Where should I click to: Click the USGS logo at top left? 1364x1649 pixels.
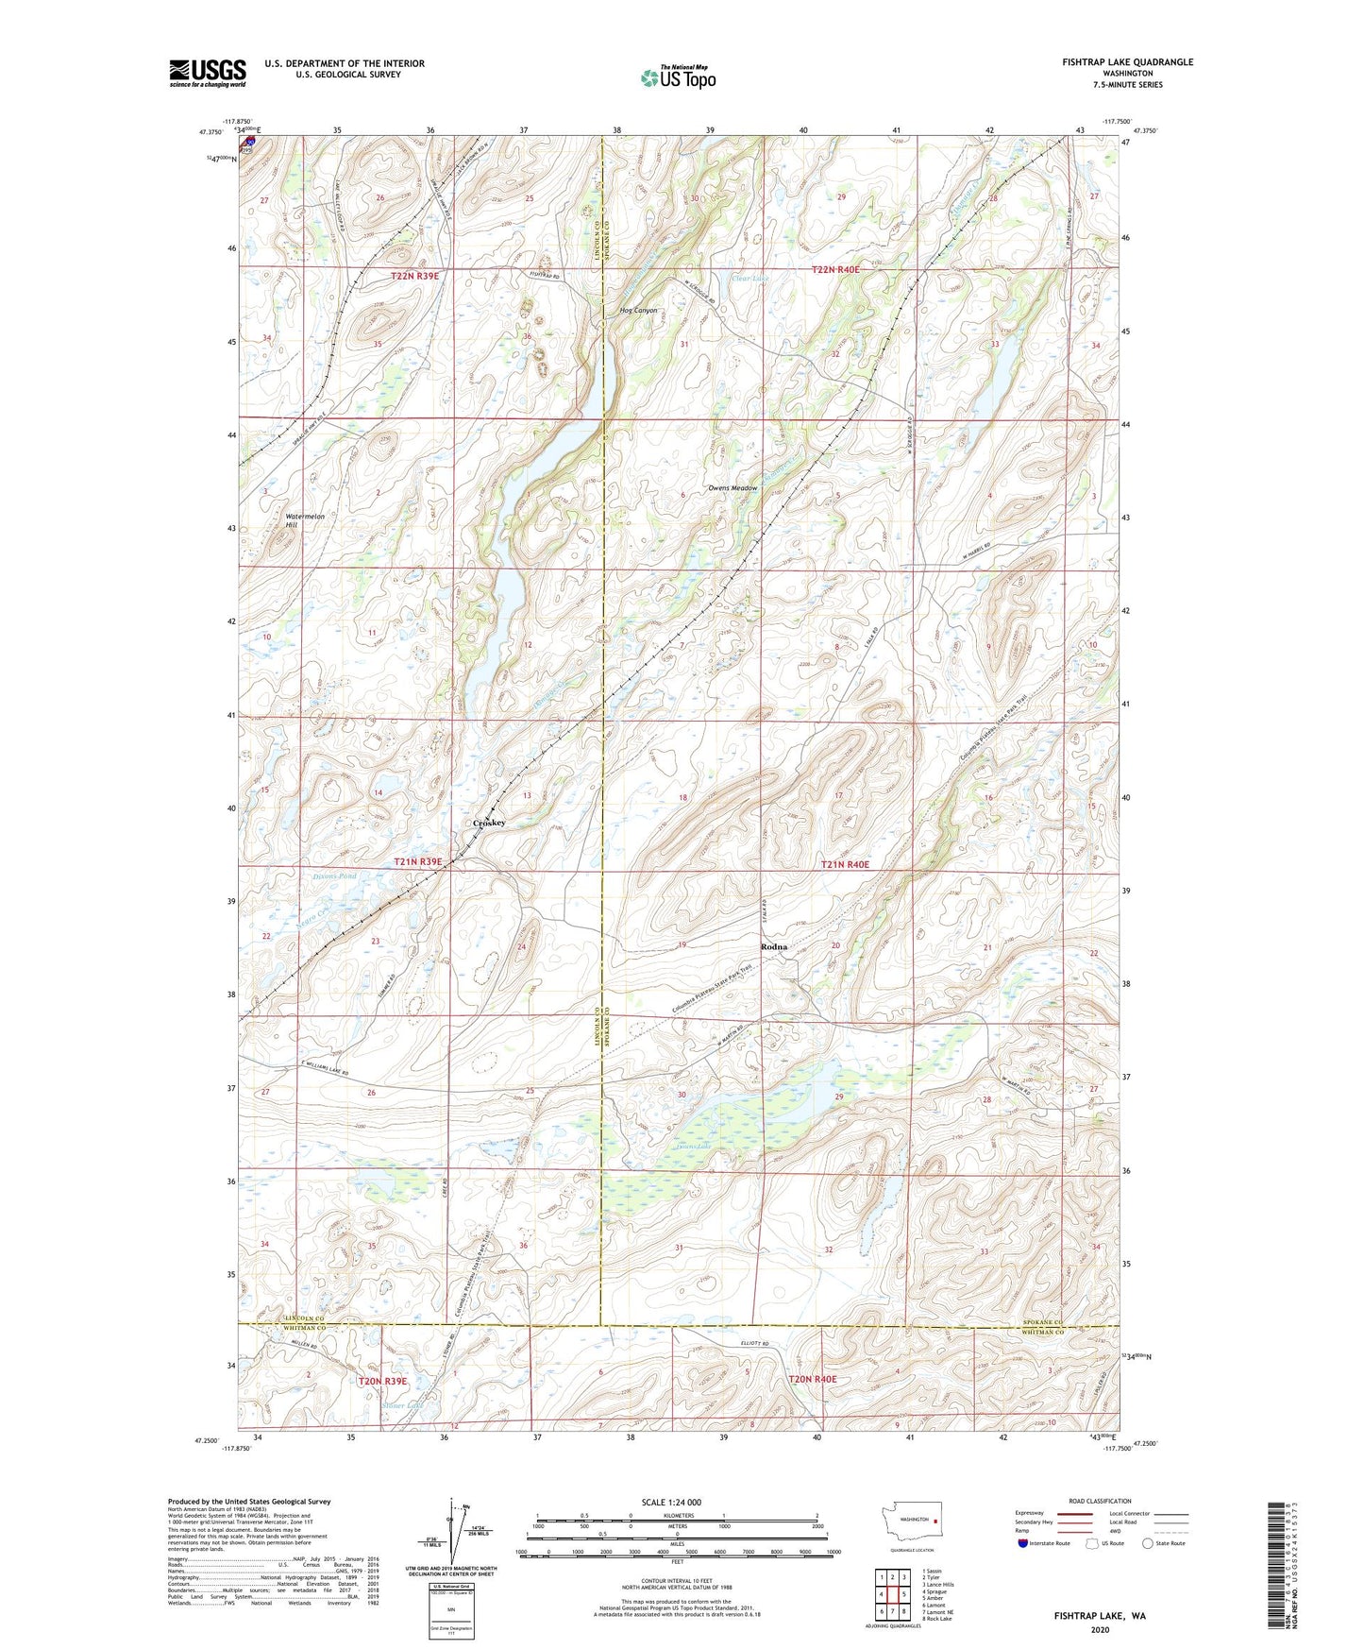tap(208, 73)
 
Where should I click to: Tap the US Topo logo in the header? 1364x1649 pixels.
tap(678, 78)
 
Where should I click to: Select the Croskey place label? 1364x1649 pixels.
tap(489, 823)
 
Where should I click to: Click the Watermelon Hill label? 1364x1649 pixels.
tap(304, 520)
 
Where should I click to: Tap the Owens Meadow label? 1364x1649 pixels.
tap(733, 488)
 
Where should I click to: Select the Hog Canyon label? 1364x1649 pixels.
tap(638, 311)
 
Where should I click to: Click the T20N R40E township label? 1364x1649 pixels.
tap(813, 1379)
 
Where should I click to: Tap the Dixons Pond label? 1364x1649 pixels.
tap(334, 876)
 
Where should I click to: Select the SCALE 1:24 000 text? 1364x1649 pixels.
tap(671, 1502)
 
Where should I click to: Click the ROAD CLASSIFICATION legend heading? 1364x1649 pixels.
tap(1100, 1501)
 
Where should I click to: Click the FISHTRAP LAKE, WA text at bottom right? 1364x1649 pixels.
tap(1100, 1616)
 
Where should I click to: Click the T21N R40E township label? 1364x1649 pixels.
tap(845, 864)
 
